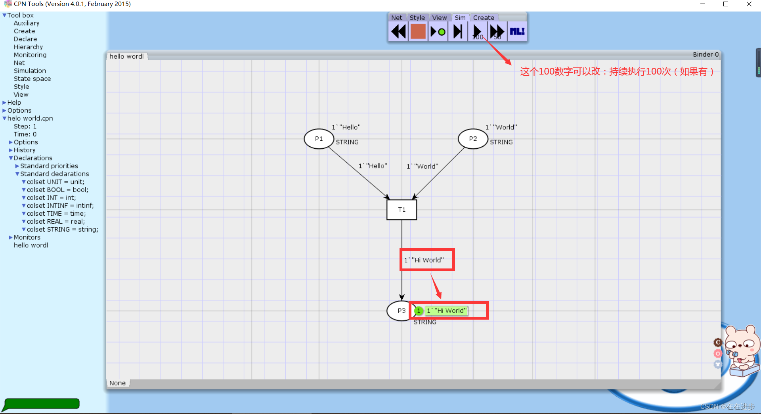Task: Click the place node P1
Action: pos(319,139)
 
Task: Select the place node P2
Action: pos(472,139)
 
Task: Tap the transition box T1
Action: pos(402,209)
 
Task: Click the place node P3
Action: pos(401,311)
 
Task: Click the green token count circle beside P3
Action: pos(419,311)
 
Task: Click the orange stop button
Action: pos(418,31)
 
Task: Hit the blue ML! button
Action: pos(517,31)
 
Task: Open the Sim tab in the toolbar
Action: pos(460,17)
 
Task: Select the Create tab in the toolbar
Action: pos(484,17)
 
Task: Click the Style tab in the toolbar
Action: pos(417,17)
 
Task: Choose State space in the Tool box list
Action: pos(32,79)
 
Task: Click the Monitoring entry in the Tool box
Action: pos(30,55)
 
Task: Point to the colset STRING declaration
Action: pos(62,229)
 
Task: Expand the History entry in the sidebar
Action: pos(24,150)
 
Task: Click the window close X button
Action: pos(749,4)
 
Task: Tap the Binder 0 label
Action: pos(706,54)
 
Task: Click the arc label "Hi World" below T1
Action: pos(424,260)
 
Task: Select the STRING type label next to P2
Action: pos(501,142)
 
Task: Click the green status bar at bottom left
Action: pos(41,404)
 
